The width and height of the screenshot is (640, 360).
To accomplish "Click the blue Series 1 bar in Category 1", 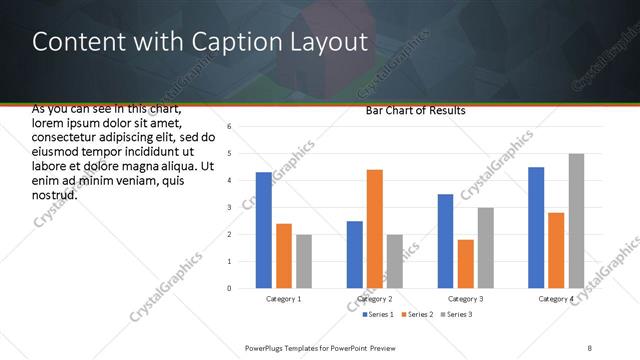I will (x=263, y=230).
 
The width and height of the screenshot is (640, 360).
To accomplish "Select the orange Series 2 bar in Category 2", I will (x=375, y=229).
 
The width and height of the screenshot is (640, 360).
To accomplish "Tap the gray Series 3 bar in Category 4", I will (x=576, y=221).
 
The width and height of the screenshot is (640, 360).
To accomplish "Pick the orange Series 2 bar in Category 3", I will (x=466, y=264).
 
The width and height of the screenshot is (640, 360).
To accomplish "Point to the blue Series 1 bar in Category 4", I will (x=536, y=228).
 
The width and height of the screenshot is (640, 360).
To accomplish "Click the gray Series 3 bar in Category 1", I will (x=304, y=261).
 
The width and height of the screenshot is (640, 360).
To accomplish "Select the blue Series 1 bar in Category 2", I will (x=355, y=255).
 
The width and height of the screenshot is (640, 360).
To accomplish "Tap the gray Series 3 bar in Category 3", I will (x=486, y=248).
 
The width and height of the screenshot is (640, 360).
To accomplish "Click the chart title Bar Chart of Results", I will (x=415, y=111).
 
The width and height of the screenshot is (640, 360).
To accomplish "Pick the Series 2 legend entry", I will (x=417, y=315).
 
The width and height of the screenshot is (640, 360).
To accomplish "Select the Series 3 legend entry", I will (x=455, y=315).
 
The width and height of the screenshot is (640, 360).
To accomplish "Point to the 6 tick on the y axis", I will (x=230, y=127).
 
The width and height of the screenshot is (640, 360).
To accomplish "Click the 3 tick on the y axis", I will (x=230, y=208).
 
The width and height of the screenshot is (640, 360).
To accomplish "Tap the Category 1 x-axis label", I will (x=284, y=299).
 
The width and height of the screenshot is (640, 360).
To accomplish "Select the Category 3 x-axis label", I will (x=466, y=299).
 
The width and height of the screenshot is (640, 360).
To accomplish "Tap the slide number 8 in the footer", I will (x=590, y=347).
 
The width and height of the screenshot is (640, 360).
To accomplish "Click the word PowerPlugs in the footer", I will (x=267, y=347).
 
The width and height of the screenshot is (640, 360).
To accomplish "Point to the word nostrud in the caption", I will (x=55, y=194).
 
